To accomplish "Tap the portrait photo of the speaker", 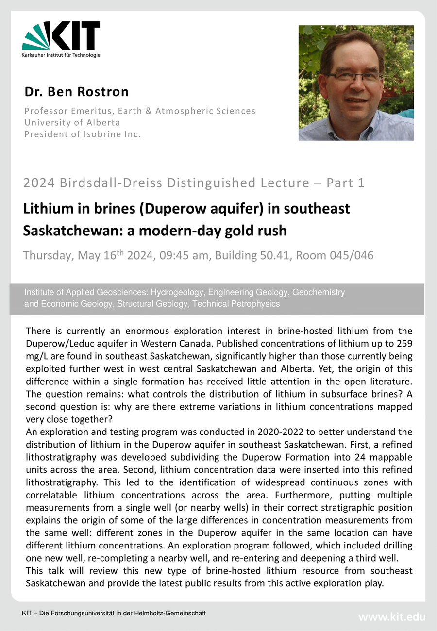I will (356, 83).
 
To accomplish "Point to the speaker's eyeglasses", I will (353, 76).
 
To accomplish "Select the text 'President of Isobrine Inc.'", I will (83, 134).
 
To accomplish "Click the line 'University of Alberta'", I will (72, 122).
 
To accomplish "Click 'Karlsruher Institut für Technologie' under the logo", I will (61, 55).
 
